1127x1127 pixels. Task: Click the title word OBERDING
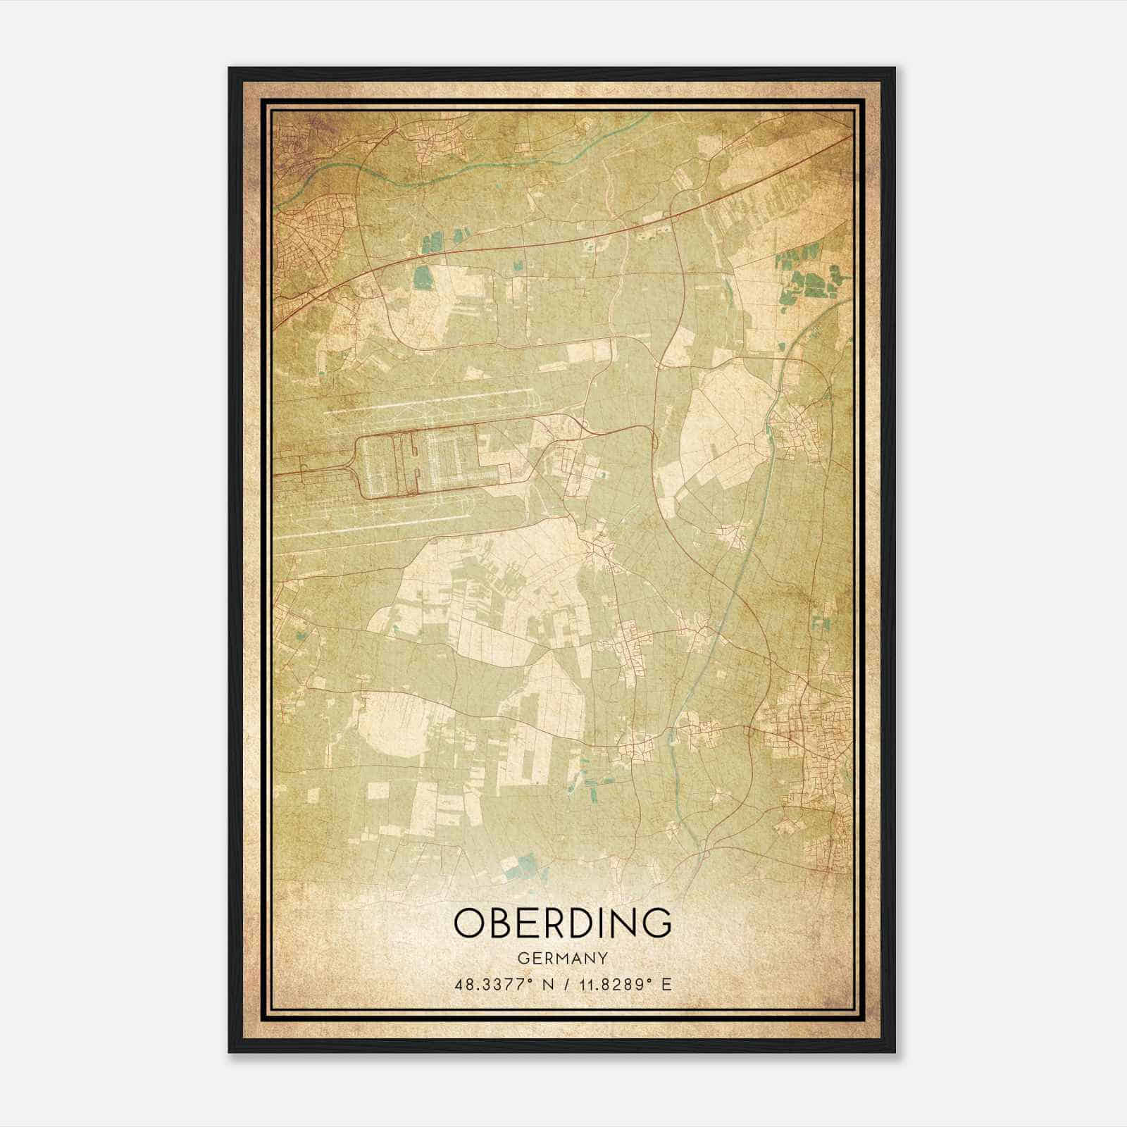click(562, 923)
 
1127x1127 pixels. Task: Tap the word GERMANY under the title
click(562, 959)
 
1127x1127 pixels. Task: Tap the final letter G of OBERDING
click(655, 923)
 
